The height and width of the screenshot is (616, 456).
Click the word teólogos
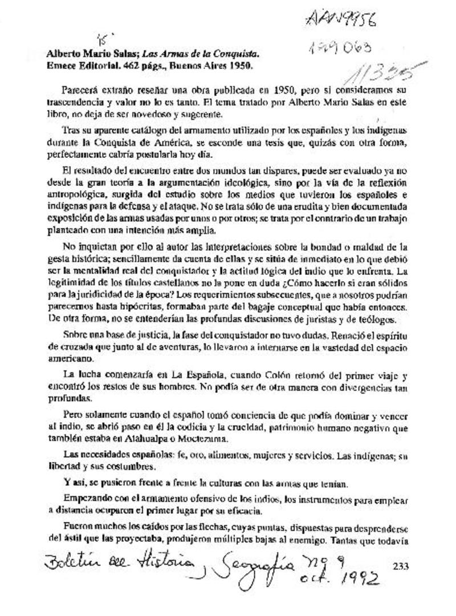(x=377, y=319)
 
